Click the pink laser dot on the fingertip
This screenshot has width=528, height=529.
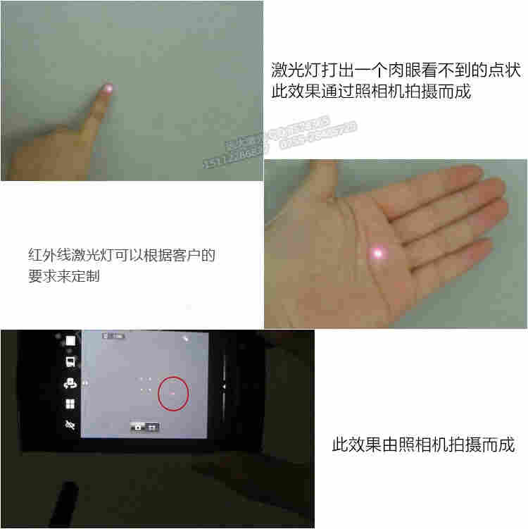tap(108, 89)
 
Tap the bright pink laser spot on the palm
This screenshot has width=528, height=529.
tap(378, 252)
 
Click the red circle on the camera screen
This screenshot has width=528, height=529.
tap(173, 393)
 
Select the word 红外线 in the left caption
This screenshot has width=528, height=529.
tap(49, 255)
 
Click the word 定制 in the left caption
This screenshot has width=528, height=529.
tap(108, 276)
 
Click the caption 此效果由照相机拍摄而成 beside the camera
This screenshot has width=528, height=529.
tap(422, 444)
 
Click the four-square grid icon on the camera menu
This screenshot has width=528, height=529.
tap(70, 405)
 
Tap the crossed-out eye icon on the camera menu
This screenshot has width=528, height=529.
tap(70, 425)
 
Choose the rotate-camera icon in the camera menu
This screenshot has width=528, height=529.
tap(70, 384)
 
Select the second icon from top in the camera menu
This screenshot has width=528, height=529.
tap(70, 363)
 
